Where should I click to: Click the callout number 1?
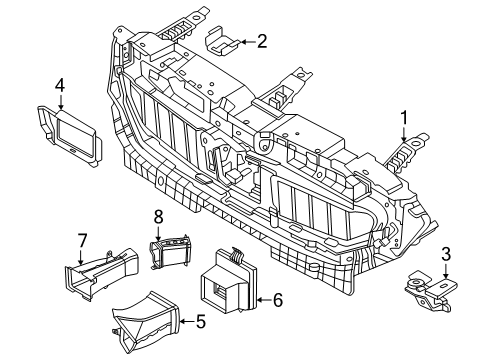(404, 121)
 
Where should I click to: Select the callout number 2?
(262, 42)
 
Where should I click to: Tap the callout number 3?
(445, 254)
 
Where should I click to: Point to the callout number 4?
(60, 86)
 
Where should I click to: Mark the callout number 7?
(84, 240)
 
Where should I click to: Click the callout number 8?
(157, 216)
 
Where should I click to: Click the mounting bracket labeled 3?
(429, 291)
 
